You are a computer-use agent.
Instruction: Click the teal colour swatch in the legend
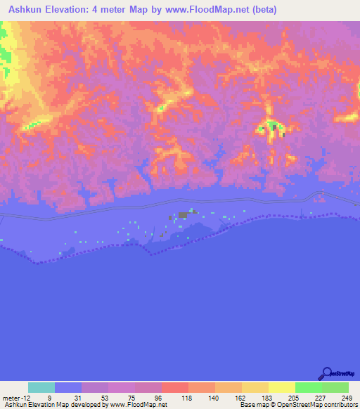point(41,387)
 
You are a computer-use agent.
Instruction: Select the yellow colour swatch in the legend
point(281,387)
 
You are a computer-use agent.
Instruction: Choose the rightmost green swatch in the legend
point(335,387)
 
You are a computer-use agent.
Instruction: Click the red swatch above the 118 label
point(174,387)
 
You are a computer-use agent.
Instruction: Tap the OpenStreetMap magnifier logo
point(326,373)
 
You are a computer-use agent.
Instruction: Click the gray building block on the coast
point(183,214)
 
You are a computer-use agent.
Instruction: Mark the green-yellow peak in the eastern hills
point(271,128)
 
